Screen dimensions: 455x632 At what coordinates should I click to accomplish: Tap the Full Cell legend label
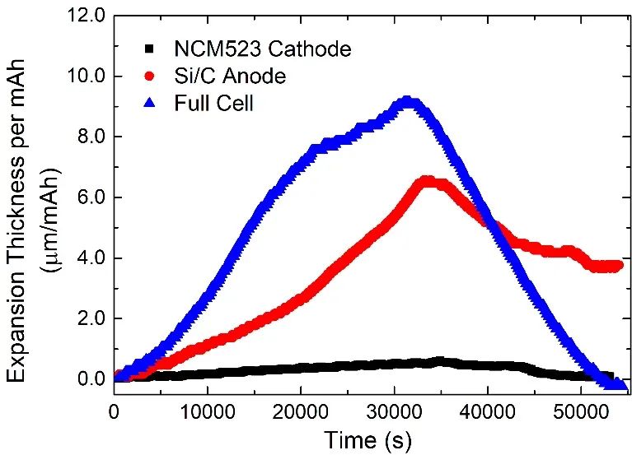tap(228, 104)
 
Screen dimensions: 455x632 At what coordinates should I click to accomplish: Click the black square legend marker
tap(149, 49)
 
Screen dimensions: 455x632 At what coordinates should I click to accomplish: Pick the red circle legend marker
tap(149, 77)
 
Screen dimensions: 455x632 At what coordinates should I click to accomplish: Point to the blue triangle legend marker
tap(149, 103)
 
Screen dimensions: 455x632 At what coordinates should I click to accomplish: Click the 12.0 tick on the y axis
tap(87, 16)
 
